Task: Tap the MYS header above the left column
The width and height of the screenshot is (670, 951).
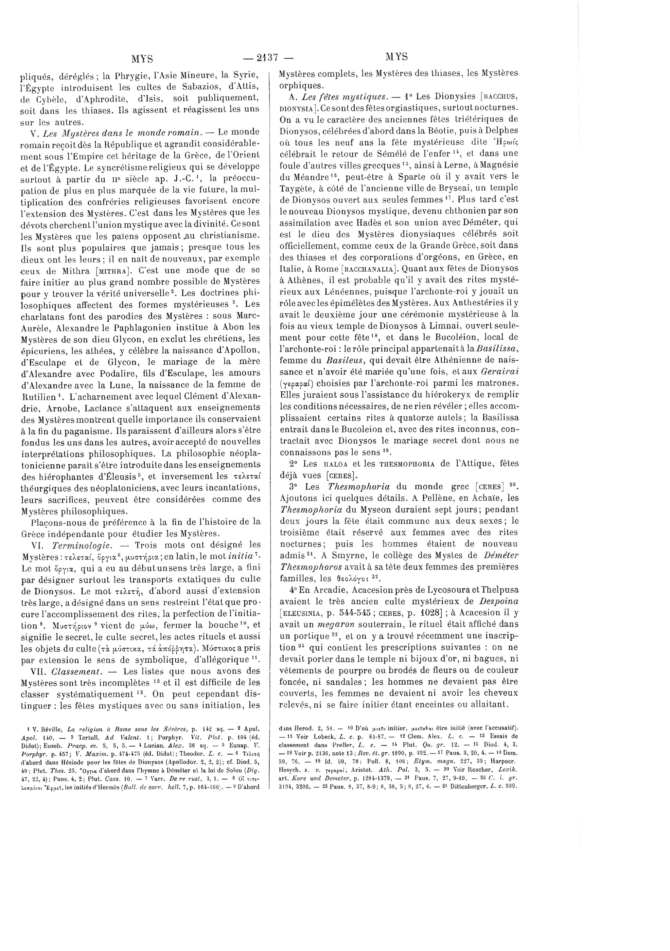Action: pos(142,58)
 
